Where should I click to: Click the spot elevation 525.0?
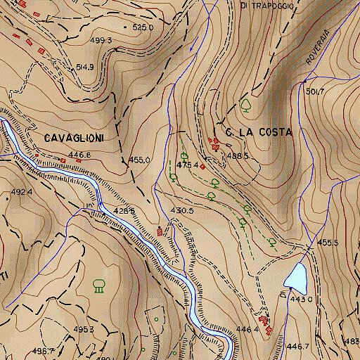143,27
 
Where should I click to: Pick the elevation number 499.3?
101,41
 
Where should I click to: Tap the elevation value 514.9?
84,67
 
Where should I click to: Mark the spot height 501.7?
316,91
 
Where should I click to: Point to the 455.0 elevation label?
139,160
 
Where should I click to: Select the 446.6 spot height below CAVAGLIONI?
79,154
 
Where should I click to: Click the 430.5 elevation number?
181,210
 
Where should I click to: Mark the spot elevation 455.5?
328,243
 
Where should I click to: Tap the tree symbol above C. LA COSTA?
246,105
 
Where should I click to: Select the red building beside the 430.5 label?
164,230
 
